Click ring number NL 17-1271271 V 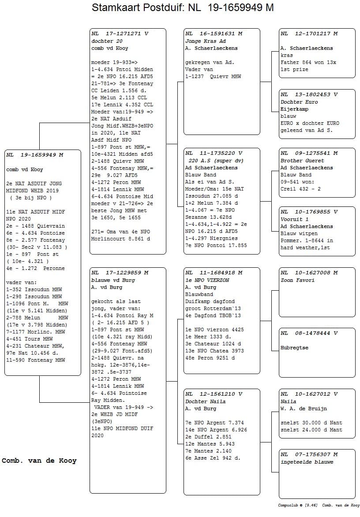tap(120, 34)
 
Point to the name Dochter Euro tap(299, 102)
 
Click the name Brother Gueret tap(302, 161)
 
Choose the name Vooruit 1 tap(295, 219)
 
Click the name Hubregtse tap(294, 348)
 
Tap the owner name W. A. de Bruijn tap(304, 408)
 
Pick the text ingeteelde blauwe tap(307, 462)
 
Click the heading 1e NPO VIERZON tap(207, 280)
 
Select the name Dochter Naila tap(205, 401)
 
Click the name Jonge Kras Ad tap(206, 41)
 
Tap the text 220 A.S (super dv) tap(212, 161)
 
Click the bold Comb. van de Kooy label tap(39, 461)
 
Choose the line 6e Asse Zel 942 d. tap(213, 458)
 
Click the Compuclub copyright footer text tap(319, 505)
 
